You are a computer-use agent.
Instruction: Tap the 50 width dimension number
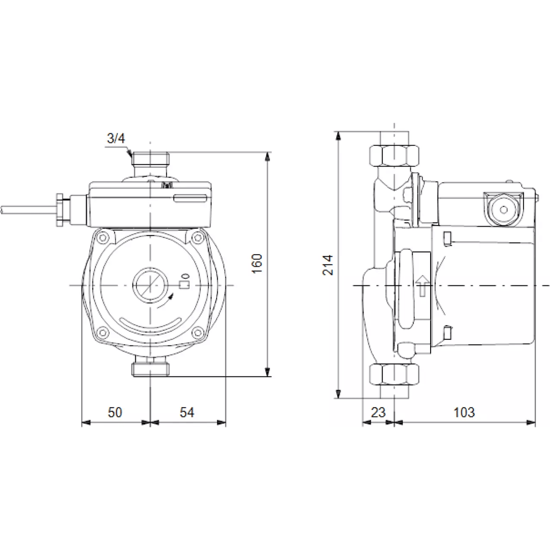point(115,412)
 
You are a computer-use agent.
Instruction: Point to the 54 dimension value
point(188,412)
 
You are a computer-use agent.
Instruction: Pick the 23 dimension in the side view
point(378,412)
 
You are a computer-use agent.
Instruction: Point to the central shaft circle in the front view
point(149,285)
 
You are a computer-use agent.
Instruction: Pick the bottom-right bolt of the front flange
point(197,332)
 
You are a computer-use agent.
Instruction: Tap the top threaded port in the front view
point(150,160)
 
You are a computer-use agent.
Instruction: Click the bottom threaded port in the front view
point(150,366)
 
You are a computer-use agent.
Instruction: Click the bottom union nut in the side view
point(394,375)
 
